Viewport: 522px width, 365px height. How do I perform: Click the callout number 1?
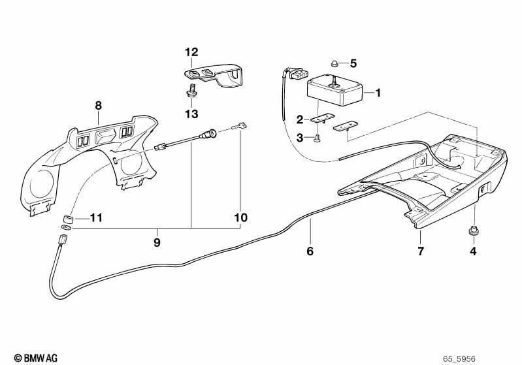[x=378, y=93]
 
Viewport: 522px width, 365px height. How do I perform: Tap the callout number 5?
[x=353, y=63]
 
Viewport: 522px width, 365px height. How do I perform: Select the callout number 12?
[x=192, y=52]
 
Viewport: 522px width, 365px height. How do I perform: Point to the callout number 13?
[x=192, y=114]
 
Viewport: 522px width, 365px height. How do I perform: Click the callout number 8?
[x=98, y=106]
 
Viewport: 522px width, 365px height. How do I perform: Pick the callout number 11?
[x=96, y=218]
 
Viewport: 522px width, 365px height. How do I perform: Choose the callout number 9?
[x=157, y=242]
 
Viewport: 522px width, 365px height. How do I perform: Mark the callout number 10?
[x=241, y=218]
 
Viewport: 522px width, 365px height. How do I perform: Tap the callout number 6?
[x=310, y=251]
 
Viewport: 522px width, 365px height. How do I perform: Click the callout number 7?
[x=421, y=251]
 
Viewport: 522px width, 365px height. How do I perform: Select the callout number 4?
[x=473, y=251]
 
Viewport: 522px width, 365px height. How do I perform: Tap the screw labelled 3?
[x=317, y=137]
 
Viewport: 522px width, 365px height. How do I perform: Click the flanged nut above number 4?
[x=473, y=231]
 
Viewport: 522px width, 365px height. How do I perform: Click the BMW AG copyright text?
[x=36, y=358]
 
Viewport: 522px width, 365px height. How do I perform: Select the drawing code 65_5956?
[x=459, y=359]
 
